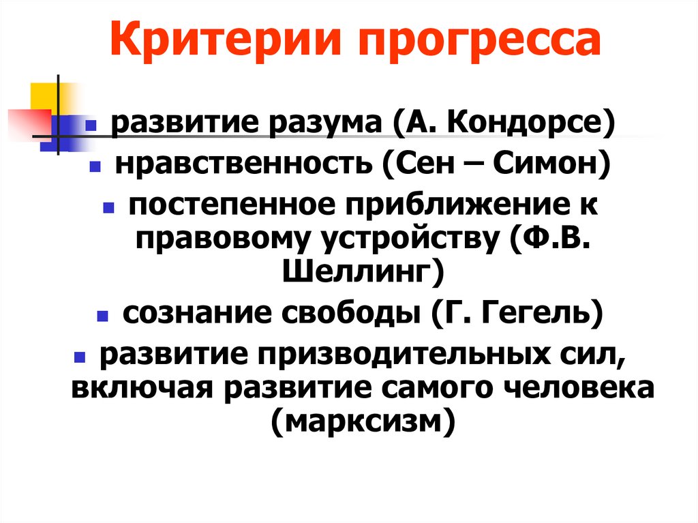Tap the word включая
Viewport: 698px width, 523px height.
[x=142, y=389]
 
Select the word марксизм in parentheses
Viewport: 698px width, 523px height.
[x=362, y=423]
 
